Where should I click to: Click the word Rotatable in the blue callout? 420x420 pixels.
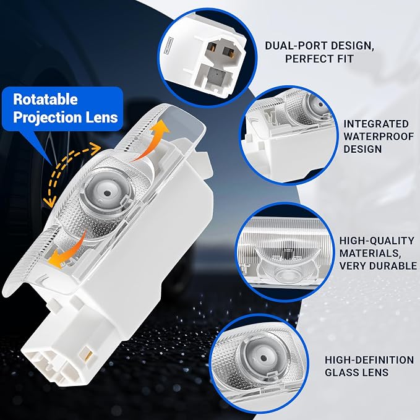coord(45,100)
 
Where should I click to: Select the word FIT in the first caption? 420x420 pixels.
coord(345,59)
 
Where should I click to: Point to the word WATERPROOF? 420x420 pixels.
coord(379,136)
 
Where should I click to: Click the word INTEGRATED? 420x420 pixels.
coord(376,124)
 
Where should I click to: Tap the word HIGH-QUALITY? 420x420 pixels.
coord(377,241)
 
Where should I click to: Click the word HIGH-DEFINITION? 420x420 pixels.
coord(369,360)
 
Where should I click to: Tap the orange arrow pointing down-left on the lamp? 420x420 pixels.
coord(67,251)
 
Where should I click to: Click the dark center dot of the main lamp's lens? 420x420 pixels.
coord(107,193)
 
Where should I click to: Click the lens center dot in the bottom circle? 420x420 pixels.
coord(264,358)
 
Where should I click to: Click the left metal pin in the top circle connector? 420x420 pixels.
coord(213,47)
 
